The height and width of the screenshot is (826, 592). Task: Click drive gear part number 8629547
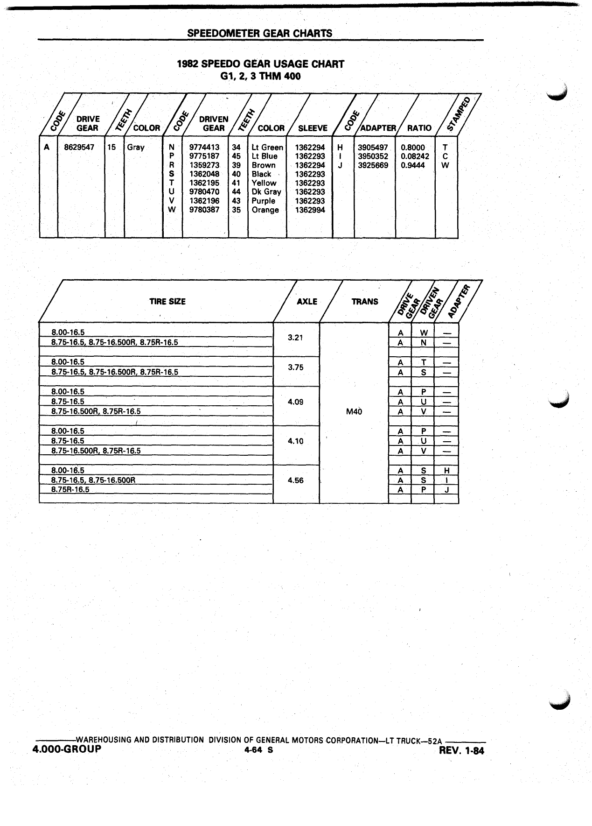click(79, 147)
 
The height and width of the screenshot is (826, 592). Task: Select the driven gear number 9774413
click(204, 148)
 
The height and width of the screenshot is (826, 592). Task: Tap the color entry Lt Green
click(267, 148)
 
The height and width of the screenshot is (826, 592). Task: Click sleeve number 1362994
click(310, 210)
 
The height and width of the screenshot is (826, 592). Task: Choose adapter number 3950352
click(373, 156)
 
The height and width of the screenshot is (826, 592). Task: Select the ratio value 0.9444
click(413, 165)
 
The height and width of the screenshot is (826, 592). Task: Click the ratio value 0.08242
click(415, 156)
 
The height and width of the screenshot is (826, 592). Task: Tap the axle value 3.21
click(296, 338)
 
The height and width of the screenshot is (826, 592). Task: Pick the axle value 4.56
click(296, 480)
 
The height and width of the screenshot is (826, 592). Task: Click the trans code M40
click(355, 412)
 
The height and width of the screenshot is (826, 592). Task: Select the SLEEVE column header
click(313, 128)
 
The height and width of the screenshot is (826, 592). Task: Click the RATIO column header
click(419, 128)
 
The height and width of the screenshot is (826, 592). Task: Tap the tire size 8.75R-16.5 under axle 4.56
click(70, 490)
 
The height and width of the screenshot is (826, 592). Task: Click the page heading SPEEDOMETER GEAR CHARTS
click(260, 33)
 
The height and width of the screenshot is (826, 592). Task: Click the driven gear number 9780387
click(204, 210)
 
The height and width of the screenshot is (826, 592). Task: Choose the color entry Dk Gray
click(266, 192)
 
